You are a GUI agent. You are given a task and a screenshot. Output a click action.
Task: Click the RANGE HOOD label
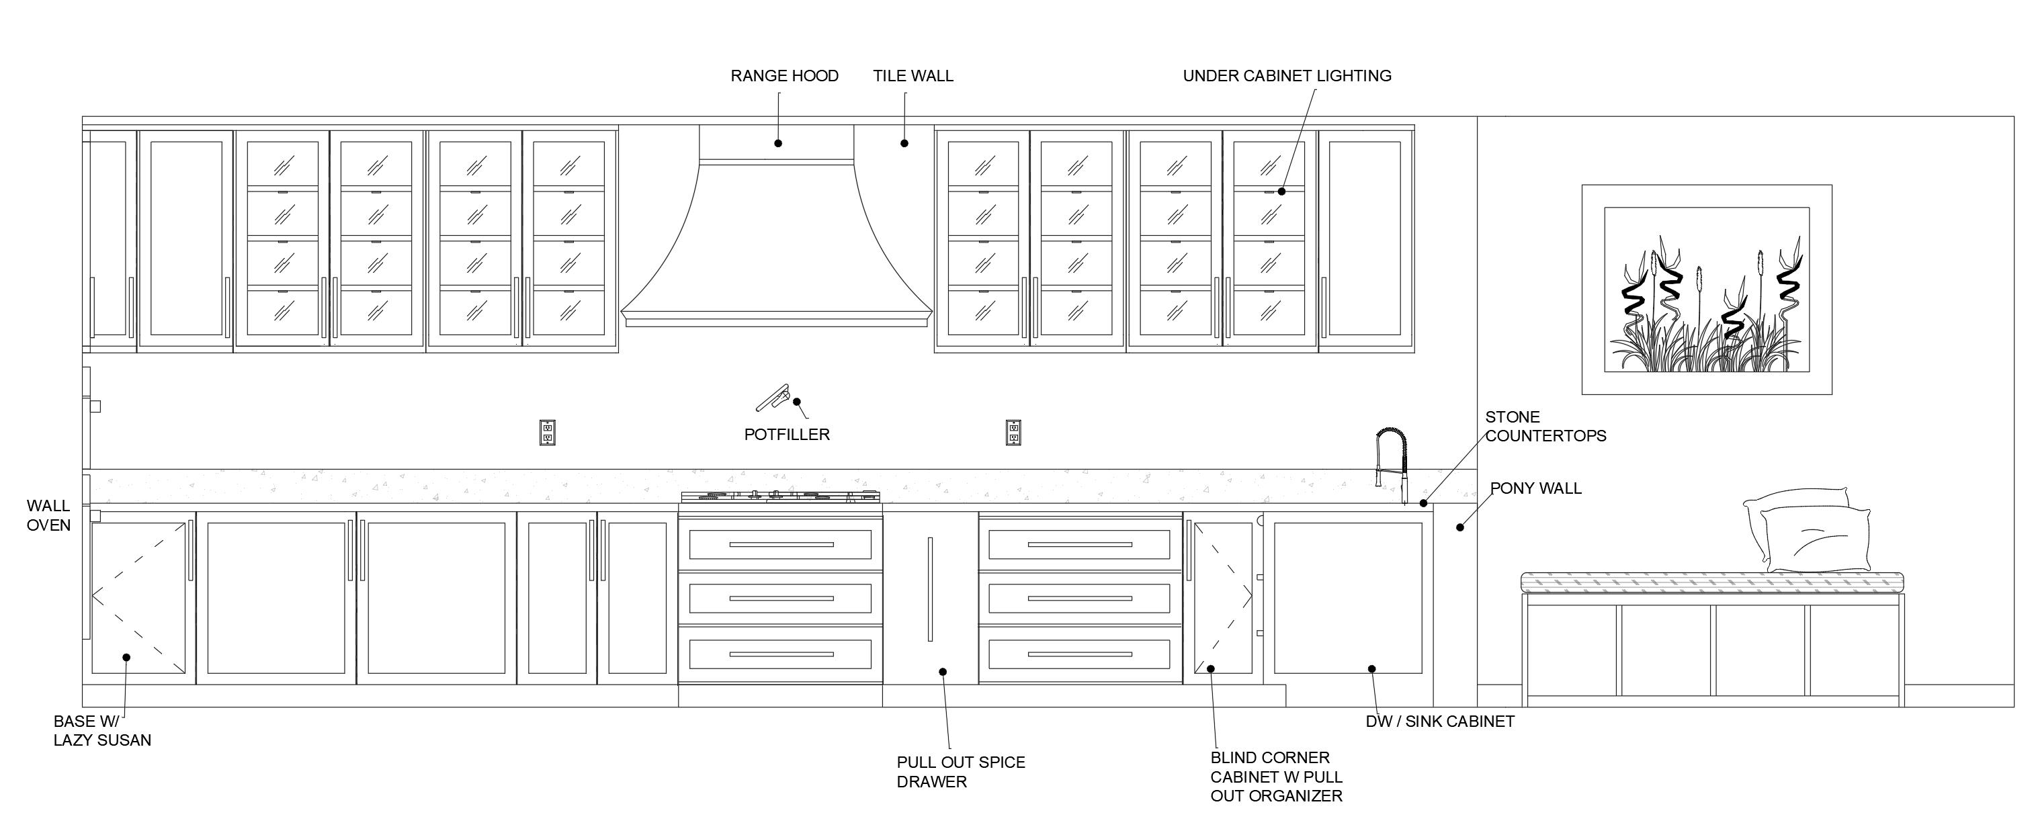[x=783, y=76]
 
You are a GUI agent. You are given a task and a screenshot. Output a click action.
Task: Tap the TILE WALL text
[x=913, y=76]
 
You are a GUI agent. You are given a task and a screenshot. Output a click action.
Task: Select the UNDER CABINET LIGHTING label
[x=1287, y=76]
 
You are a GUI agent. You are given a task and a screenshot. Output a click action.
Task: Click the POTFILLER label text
[x=786, y=435]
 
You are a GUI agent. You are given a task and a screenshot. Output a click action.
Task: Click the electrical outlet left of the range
[x=547, y=432]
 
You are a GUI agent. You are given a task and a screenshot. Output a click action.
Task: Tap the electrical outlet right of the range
[x=1013, y=432]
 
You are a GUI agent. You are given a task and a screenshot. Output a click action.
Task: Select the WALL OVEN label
[x=48, y=515]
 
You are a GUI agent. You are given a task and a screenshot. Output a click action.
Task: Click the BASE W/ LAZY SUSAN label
[x=102, y=731]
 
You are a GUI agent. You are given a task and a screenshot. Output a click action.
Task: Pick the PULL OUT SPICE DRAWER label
[x=960, y=772]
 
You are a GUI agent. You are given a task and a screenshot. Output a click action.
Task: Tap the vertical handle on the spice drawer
[x=930, y=588]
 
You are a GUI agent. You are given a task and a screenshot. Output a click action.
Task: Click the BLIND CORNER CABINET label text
[x=1275, y=777]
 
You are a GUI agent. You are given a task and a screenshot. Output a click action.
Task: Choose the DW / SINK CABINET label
[x=1439, y=721]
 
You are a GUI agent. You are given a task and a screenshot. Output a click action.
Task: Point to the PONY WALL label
[x=1535, y=488]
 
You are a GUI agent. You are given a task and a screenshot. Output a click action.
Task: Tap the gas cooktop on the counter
[x=780, y=496]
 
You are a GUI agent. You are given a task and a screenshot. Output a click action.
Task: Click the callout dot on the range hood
[x=777, y=143]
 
